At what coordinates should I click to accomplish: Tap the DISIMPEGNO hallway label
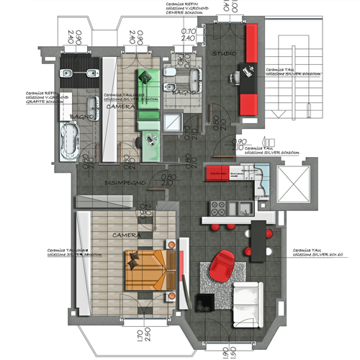coord(127,183)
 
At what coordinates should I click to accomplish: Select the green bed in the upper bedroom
coord(149,90)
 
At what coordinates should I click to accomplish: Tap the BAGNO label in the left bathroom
coord(78,116)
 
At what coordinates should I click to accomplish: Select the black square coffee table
coord(205,302)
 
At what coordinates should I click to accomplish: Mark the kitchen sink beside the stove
coord(240,208)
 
